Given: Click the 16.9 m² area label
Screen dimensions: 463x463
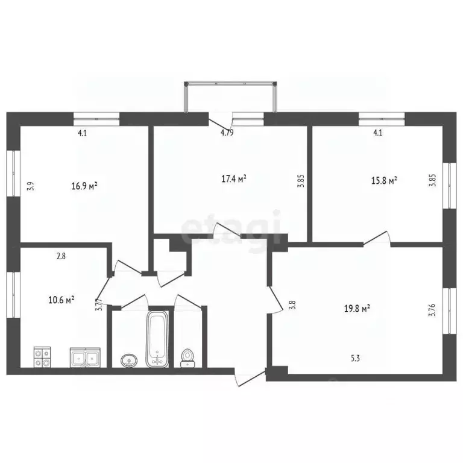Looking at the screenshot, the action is tap(84, 186).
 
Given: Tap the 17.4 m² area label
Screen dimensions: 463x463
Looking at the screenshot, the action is tap(234, 178).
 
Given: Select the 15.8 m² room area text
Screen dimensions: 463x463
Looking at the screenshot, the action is tap(384, 180).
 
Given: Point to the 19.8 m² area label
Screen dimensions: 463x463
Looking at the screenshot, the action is tap(357, 309).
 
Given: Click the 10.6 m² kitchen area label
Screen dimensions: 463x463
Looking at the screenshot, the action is tap(61, 300).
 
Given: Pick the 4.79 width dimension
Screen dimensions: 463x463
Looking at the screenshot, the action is tap(227, 133).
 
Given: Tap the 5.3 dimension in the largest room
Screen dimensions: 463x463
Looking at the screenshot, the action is tap(355, 358).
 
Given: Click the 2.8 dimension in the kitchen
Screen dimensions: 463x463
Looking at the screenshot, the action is tap(61, 256).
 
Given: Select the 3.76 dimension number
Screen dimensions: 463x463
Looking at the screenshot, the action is tap(433, 310).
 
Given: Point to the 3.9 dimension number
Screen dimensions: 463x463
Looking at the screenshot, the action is tap(31, 186).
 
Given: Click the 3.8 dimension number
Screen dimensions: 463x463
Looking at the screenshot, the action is tap(292, 304).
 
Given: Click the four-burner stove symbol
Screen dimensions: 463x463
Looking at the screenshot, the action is tap(42, 357).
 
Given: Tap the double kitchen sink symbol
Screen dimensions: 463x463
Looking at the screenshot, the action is tap(85, 357).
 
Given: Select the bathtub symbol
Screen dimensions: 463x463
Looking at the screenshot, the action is tap(157, 338).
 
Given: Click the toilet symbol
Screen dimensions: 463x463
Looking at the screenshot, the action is tap(187, 358).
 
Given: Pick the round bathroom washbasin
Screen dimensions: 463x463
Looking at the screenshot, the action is tap(129, 361).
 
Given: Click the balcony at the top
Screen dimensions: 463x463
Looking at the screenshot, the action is tap(231, 97).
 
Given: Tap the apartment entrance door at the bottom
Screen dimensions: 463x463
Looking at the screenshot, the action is tap(250, 377).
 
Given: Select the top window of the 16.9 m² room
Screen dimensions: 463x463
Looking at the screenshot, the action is tap(96, 119).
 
